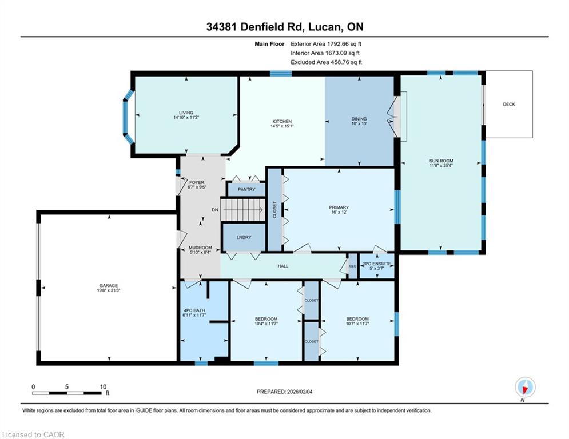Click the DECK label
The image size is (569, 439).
[x=509, y=104]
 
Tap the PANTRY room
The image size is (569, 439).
[x=246, y=189]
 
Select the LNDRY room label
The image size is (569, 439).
[x=244, y=237]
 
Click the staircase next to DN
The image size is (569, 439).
[x=242, y=210]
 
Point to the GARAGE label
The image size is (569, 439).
[x=109, y=286]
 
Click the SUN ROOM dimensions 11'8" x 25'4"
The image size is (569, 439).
[x=441, y=165]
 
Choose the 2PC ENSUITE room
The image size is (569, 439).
[x=377, y=266]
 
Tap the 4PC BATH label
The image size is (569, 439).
[x=194, y=310]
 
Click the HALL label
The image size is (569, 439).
[x=283, y=266]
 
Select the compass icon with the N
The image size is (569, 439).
[x=525, y=388]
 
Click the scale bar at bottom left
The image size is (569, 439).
[x=67, y=393]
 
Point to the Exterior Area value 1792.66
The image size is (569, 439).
[x=337, y=44]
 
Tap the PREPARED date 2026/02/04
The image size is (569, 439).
[x=300, y=392]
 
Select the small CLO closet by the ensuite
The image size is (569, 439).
[x=353, y=266]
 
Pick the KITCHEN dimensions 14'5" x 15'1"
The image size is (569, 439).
[x=282, y=126]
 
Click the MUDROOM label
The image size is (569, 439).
[x=200, y=248]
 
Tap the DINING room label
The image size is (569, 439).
[x=359, y=119]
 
